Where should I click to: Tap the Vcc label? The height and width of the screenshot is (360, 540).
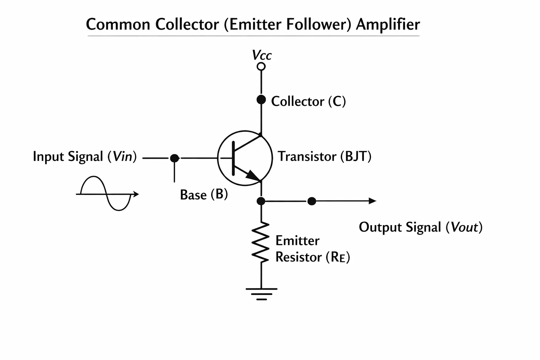tap(262, 55)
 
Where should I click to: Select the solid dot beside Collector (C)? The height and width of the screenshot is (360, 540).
tap(261, 99)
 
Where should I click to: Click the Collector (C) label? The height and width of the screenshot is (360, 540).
tap(308, 101)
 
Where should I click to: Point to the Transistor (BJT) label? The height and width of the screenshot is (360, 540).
tap(324, 156)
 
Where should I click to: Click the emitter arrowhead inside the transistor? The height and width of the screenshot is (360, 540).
tap(253, 175)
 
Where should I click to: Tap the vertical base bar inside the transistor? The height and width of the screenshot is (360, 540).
tap(233, 159)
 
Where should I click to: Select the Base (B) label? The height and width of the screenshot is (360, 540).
tap(204, 194)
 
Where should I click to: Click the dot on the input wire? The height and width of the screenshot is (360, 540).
tap(174, 158)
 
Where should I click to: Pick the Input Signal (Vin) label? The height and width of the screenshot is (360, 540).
tap(85, 156)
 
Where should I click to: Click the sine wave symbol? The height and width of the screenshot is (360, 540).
tap(106, 194)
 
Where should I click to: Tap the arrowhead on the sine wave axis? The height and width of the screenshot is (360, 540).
tap(136, 194)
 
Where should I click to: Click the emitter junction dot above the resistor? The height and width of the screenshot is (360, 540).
tap(261, 201)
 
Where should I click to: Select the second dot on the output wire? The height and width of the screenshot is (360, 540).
tap(312, 201)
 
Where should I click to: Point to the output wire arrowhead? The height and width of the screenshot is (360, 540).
tap(372, 201)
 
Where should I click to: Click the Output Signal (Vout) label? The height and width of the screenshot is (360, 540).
tap(421, 227)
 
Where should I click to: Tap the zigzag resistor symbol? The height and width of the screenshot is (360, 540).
tap(261, 242)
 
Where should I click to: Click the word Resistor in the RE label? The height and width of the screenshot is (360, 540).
tap(298, 257)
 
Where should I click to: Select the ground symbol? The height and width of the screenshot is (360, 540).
tap(262, 294)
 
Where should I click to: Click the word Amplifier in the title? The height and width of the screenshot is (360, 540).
tap(388, 25)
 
